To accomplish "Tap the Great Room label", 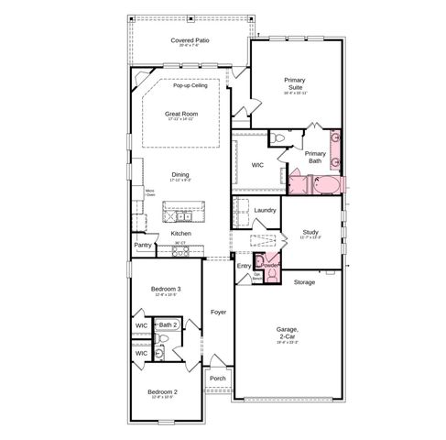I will coord(181,114).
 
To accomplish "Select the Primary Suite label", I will coord(295,84).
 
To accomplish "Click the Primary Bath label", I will coord(315,157).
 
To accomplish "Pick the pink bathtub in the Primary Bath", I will coord(316,186).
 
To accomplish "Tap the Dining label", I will coord(180,175).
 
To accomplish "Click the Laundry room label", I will coord(265,210).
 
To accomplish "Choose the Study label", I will coord(310,234).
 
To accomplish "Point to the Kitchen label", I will coord(180,233).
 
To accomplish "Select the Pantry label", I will coord(143,245).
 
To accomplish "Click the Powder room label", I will coord(270,266).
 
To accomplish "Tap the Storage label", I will coord(304,282).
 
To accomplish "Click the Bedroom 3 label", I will coord(166,289).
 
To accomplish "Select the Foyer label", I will coord(218,313).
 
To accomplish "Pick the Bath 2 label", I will coord(168,325).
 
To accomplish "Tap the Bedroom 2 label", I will coord(163,391).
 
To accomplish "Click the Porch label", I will coord(218,378).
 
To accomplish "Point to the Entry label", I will coord(244,266).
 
